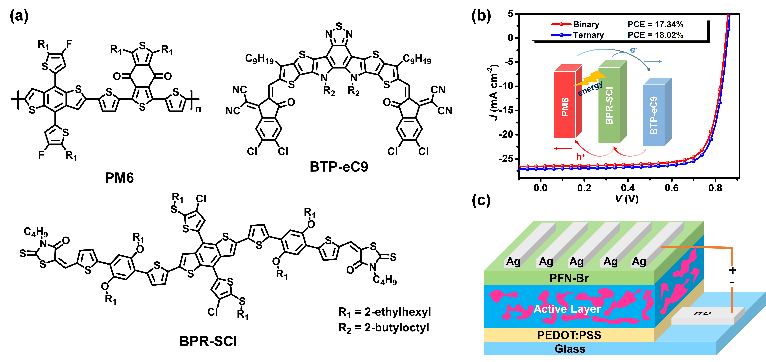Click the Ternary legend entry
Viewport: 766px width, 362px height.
588,35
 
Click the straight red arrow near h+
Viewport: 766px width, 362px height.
564,149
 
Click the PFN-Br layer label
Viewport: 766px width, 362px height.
569,278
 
